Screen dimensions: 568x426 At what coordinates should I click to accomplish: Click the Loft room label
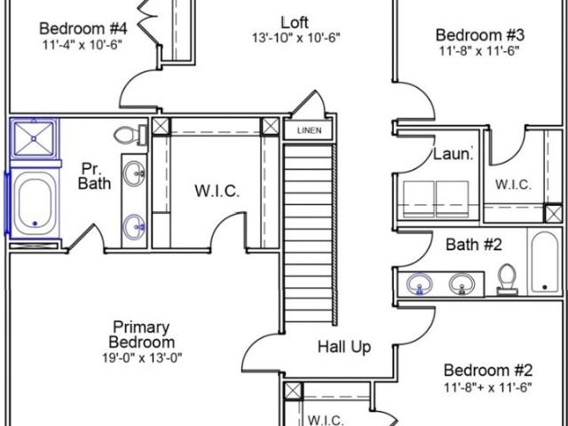click(295, 22)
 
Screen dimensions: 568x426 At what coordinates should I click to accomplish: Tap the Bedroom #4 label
click(83, 28)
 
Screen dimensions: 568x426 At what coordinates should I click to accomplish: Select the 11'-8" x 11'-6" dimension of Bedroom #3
click(479, 51)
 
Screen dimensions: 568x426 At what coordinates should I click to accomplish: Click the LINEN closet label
click(309, 130)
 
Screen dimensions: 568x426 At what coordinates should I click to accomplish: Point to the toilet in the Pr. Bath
click(130, 135)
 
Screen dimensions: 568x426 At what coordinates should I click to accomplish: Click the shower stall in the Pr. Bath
click(34, 138)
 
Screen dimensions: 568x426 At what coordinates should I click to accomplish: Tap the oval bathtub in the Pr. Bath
click(35, 203)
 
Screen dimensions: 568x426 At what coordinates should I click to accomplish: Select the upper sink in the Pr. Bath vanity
click(134, 173)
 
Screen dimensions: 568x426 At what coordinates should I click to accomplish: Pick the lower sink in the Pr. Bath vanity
click(134, 226)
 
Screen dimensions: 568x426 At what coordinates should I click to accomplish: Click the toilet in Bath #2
click(507, 278)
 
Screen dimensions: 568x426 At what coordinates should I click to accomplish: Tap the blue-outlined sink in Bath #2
click(420, 283)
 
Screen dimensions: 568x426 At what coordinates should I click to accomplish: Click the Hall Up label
click(344, 347)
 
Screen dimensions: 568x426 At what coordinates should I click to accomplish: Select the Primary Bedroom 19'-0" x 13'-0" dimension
click(142, 358)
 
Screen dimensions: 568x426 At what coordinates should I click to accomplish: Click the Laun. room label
click(454, 154)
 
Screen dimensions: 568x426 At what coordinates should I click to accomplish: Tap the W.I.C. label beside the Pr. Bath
click(217, 191)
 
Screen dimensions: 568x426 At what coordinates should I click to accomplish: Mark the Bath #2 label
click(474, 245)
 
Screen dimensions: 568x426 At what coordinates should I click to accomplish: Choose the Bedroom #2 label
click(488, 371)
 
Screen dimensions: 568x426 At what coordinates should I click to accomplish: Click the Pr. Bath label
click(94, 176)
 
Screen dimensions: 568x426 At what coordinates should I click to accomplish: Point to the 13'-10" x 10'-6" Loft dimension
click(296, 37)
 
